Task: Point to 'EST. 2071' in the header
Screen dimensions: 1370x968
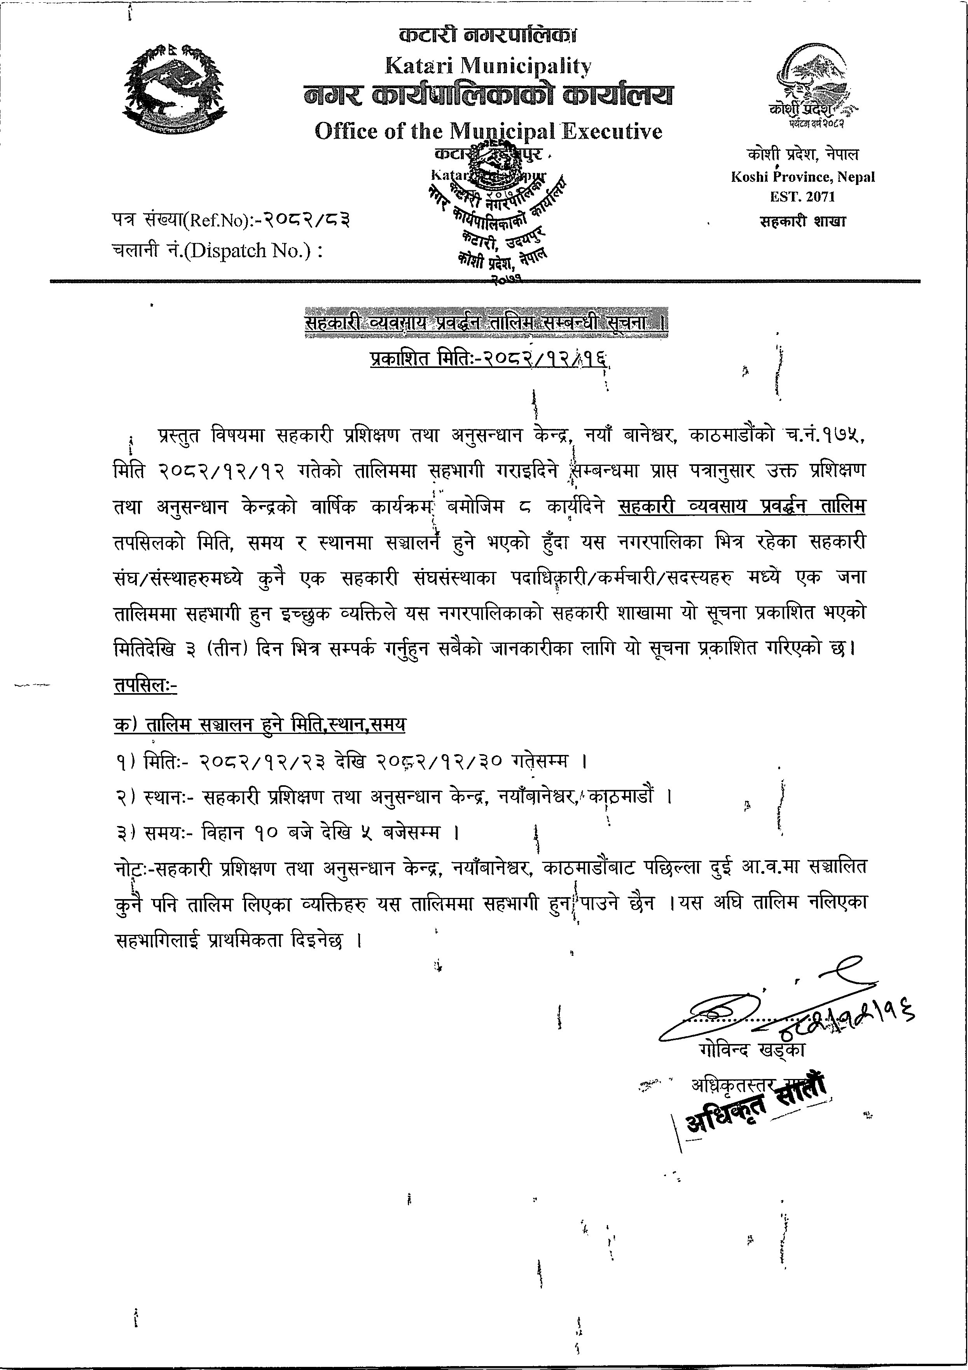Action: [803, 196]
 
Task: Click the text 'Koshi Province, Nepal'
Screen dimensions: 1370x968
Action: [803, 177]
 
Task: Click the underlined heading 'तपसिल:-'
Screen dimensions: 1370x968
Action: [145, 686]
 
